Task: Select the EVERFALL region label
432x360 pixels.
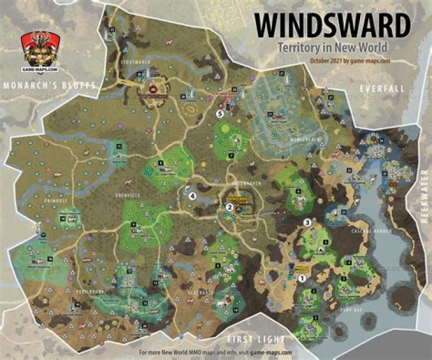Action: [x=383, y=88]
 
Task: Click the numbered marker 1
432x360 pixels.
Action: [x=302, y=278]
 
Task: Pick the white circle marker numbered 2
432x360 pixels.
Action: [x=229, y=207]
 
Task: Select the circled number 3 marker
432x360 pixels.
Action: [x=308, y=222]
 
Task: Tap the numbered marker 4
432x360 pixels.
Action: [x=193, y=196]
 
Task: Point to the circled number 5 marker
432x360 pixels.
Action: [x=220, y=112]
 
